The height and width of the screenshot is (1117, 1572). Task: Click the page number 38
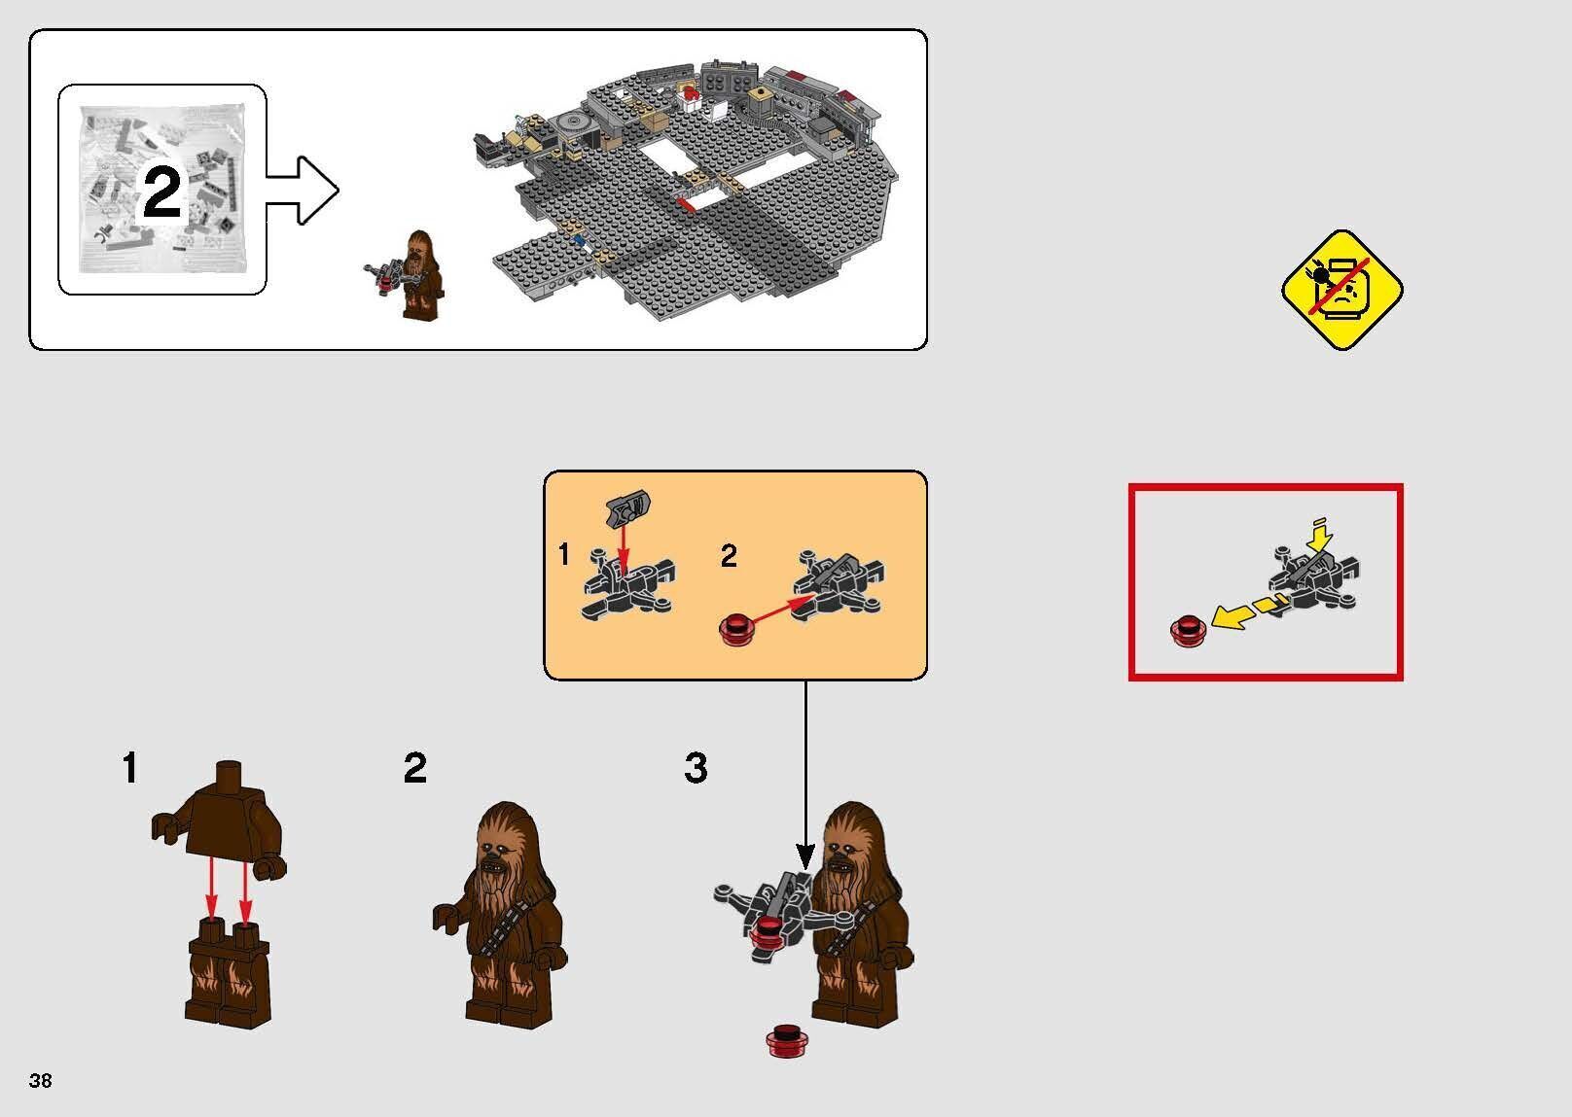coord(41,1080)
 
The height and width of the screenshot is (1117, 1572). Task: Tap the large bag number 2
coord(161,192)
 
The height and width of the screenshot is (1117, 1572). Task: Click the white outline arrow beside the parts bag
coord(304,190)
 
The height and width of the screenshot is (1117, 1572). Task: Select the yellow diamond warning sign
coord(1341,290)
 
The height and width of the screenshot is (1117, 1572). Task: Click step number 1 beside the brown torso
coord(129,768)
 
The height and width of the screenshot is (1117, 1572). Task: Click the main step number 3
coord(696,768)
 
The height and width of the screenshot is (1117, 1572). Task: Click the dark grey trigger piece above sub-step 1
coord(628,506)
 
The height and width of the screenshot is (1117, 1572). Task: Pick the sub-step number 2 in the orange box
coord(729,556)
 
